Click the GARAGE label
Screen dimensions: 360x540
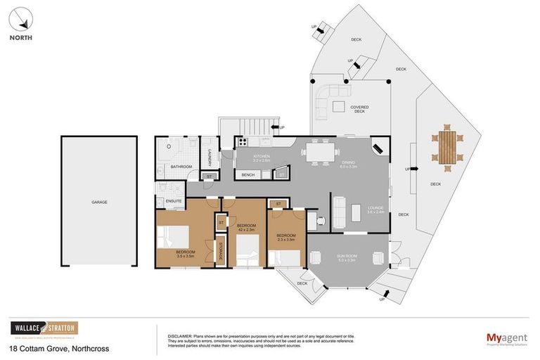pyautogui.click(x=98, y=202)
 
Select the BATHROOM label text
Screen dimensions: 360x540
pyautogui.click(x=181, y=167)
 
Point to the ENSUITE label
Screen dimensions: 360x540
pyautogui.click(x=174, y=201)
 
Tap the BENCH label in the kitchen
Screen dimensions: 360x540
pyautogui.click(x=247, y=174)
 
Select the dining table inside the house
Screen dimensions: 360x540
pyautogui.click(x=323, y=150)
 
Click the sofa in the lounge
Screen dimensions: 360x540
pyautogui.click(x=338, y=212)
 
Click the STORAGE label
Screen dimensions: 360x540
pyautogui.click(x=220, y=251)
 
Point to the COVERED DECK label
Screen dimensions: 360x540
pyautogui.click(x=359, y=110)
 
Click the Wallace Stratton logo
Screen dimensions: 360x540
pyautogui.click(x=44, y=328)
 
